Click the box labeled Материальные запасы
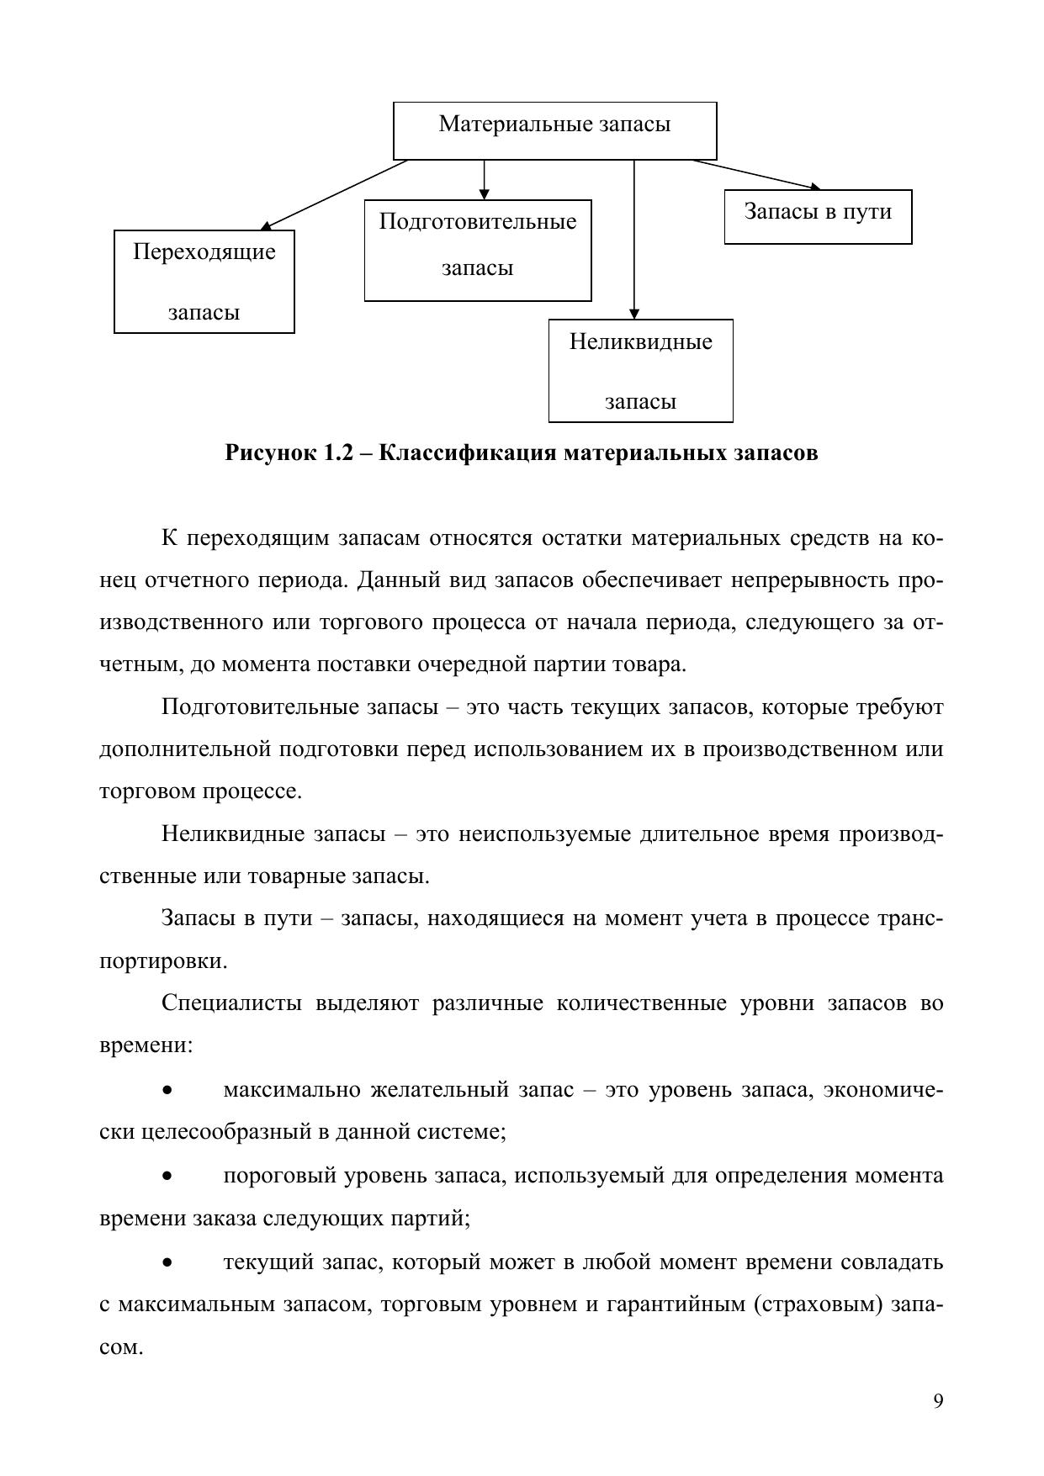(x=554, y=130)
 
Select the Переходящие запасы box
(x=204, y=282)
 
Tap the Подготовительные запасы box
(x=478, y=250)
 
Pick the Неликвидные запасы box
(x=640, y=370)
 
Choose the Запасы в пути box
(x=818, y=216)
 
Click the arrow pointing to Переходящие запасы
(x=337, y=193)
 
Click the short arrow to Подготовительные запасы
(x=484, y=179)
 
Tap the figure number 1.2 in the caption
(x=340, y=452)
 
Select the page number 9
(x=938, y=1401)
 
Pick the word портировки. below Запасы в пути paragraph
(x=163, y=960)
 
